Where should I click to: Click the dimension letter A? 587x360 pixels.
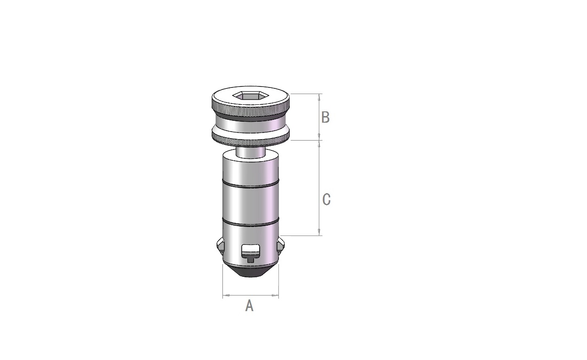(249, 306)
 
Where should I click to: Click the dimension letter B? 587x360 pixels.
(325, 117)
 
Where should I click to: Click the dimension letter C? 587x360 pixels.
(326, 199)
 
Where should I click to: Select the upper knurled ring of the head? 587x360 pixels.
(251, 108)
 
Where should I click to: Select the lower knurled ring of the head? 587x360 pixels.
(251, 138)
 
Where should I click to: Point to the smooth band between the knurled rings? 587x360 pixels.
(251, 125)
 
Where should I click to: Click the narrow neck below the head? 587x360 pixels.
(251, 153)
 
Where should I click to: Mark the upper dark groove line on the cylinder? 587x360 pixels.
(251, 184)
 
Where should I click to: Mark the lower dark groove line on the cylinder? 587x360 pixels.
(251, 222)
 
